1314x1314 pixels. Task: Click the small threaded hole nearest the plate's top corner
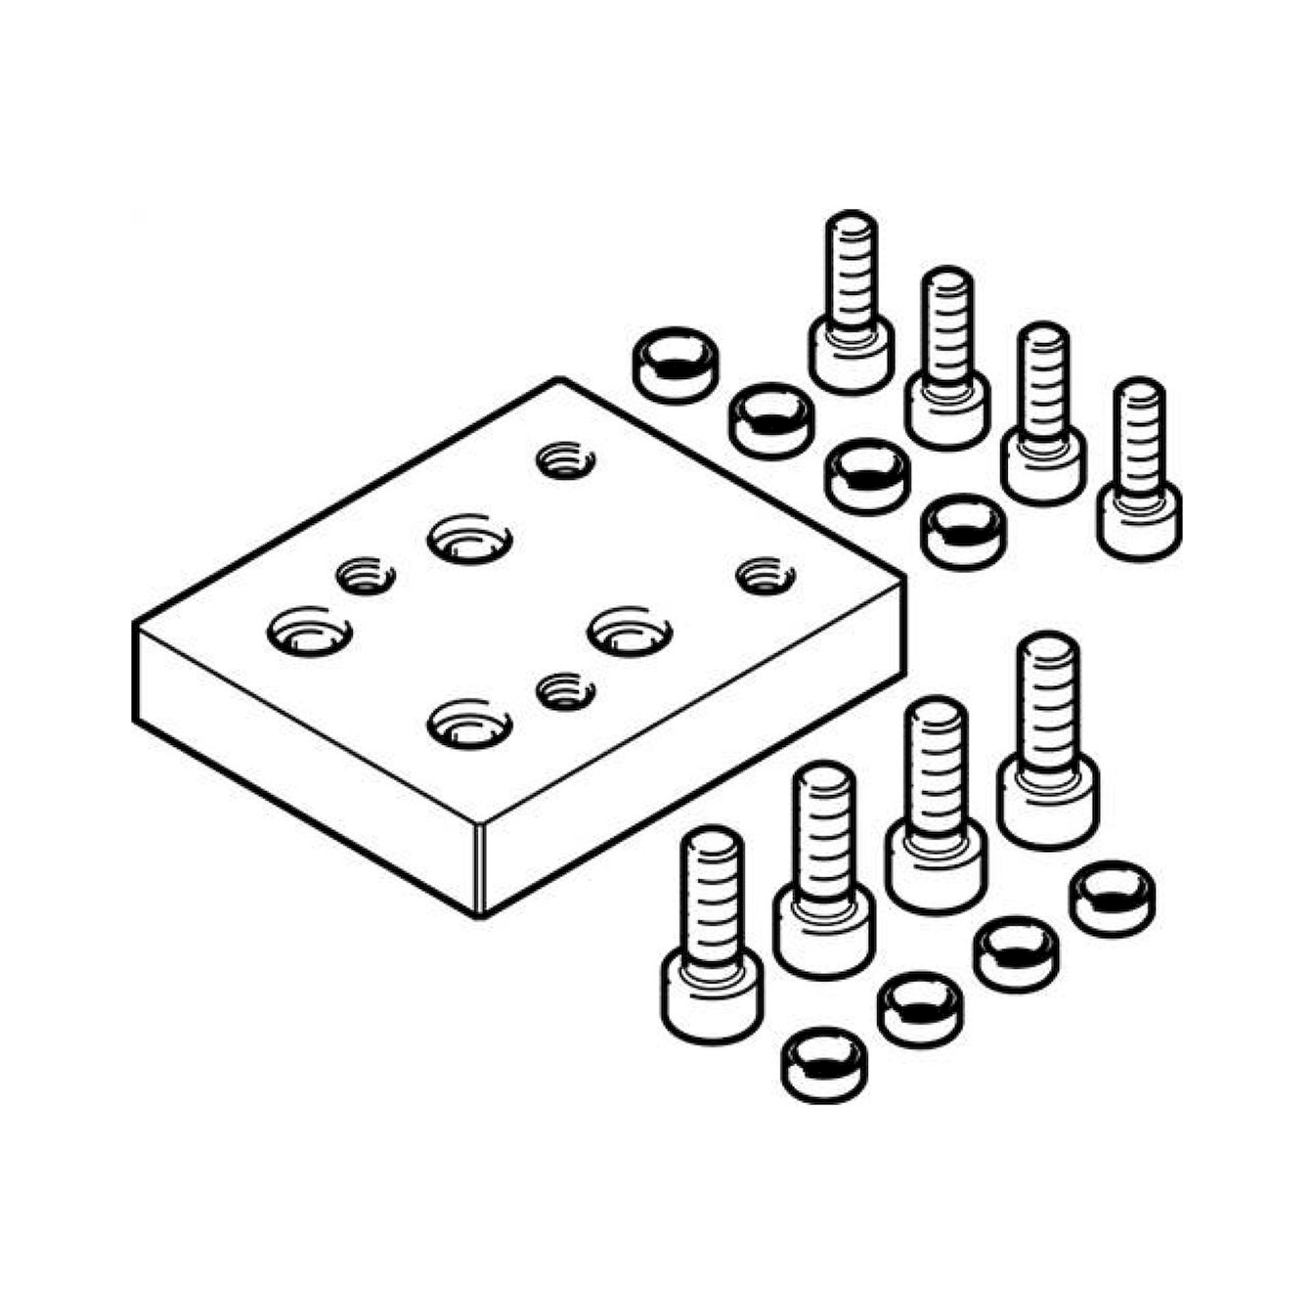pyautogui.click(x=565, y=462)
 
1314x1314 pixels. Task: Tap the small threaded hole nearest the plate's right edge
pyautogui.click(x=766, y=576)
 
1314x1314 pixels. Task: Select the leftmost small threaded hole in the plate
pyautogui.click(x=366, y=577)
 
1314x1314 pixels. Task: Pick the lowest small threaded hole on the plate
pyautogui.click(x=565, y=692)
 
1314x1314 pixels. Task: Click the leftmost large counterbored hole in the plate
pyautogui.click(x=309, y=631)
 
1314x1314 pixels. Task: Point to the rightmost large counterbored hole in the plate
pyautogui.click(x=630, y=631)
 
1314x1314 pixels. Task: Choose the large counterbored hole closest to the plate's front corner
pyautogui.click(x=469, y=726)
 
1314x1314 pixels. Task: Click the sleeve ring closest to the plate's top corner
pyautogui.click(x=675, y=365)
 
